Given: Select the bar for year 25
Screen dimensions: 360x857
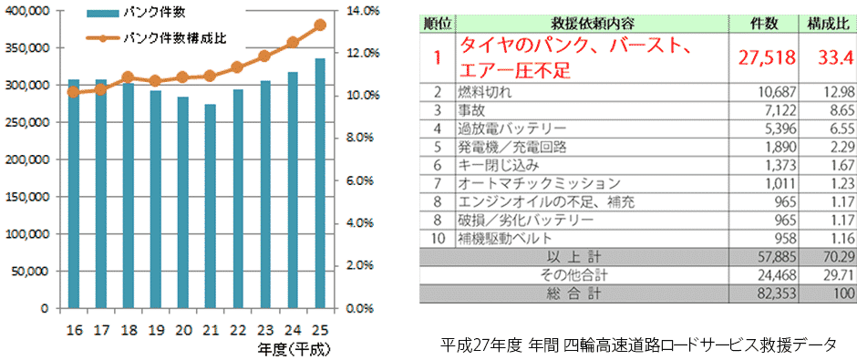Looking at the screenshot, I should point(319,183).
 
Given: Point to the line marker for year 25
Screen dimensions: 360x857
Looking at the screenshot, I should point(319,26).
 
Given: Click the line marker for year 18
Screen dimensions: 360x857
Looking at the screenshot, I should point(128,77).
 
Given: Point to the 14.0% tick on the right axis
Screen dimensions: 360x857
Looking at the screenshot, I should point(363,11).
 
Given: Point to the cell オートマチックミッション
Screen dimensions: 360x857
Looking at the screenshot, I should point(525,183).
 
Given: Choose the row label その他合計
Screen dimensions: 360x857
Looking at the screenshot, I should point(582,275).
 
